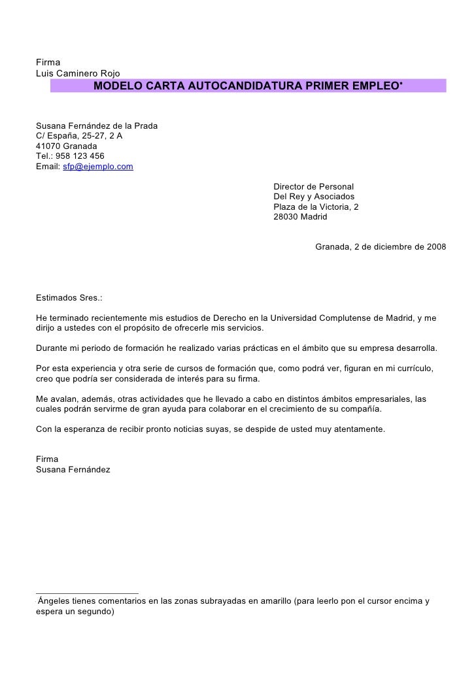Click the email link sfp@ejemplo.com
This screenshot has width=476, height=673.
coord(98,167)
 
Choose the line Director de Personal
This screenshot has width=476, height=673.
coord(313,187)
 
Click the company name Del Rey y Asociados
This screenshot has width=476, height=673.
coord(314,197)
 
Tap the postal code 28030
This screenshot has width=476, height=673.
coord(286,216)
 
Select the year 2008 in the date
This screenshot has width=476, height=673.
coord(435,247)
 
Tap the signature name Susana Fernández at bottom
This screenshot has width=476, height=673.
coord(73,470)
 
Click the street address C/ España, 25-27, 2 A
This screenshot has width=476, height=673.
coord(78,136)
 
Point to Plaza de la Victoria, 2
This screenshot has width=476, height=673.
coord(316,206)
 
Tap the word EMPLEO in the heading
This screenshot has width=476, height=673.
coord(373,86)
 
